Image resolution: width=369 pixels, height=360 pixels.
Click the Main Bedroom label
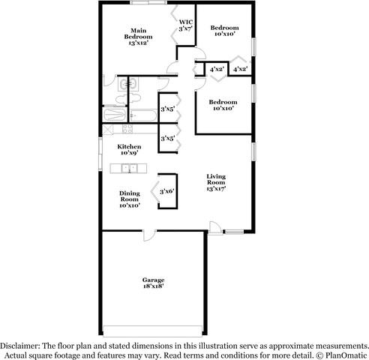click(x=139, y=37)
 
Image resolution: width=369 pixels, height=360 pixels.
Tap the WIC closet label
click(x=184, y=25)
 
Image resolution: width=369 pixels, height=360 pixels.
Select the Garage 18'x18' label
click(x=153, y=283)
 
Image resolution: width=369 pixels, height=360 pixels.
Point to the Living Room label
click(x=216, y=182)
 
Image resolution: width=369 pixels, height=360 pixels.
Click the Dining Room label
click(x=129, y=199)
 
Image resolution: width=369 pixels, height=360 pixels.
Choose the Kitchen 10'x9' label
click(x=129, y=149)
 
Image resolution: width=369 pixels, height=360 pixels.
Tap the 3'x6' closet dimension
click(x=166, y=192)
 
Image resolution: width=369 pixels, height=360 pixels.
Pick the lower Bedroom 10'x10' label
click(x=223, y=105)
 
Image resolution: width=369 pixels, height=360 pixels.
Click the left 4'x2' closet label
click(x=217, y=69)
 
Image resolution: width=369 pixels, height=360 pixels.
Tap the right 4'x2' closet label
click(x=241, y=69)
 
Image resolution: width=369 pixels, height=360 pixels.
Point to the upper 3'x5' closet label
click(x=167, y=110)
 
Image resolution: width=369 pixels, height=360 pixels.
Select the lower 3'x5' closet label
click(x=167, y=138)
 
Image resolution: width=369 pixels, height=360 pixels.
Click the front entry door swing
click(x=215, y=226)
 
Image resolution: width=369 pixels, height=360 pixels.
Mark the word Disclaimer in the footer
click(x=25, y=339)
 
